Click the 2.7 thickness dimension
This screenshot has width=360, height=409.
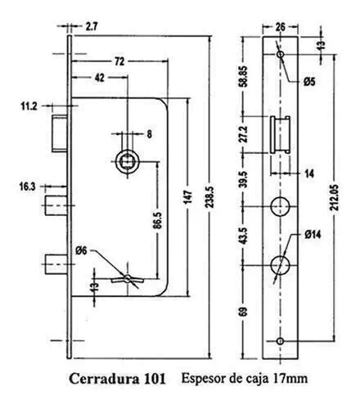click(92, 27)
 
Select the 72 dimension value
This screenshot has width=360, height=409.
click(119, 61)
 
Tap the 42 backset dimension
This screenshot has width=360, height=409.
click(100, 78)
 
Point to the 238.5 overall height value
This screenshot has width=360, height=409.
click(210, 197)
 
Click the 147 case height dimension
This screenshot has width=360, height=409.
click(188, 197)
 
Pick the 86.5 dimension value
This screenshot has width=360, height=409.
click(159, 220)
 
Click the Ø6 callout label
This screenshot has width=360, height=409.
click(81, 250)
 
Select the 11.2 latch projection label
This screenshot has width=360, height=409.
click(29, 106)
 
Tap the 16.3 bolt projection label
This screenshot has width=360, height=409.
click(27, 187)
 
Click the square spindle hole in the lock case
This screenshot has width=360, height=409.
click(128, 162)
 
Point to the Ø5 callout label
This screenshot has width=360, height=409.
click(309, 82)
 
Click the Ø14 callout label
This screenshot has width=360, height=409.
click(313, 235)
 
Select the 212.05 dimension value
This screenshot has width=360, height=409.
click(335, 197)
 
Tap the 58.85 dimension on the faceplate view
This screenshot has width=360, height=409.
click(245, 76)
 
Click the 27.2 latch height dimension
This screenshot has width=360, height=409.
click(245, 134)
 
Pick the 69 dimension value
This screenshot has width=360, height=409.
click(245, 312)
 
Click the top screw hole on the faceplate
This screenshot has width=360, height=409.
click(280, 54)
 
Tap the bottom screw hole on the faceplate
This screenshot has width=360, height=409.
click(280, 341)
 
